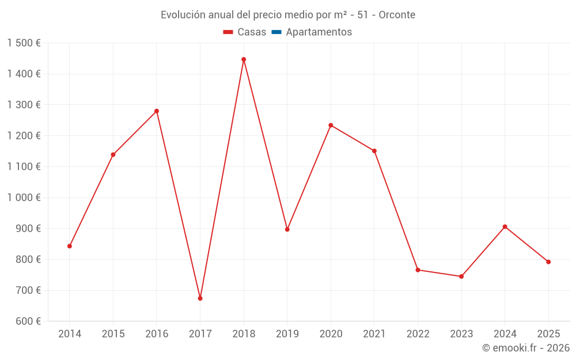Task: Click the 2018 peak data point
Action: click(x=244, y=59)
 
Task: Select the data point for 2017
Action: click(x=200, y=298)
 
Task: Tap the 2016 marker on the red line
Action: click(x=157, y=111)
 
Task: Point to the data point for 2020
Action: click(x=331, y=125)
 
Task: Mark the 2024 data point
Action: click(x=505, y=227)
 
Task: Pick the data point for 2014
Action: click(x=70, y=246)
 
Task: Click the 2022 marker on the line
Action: click(x=418, y=270)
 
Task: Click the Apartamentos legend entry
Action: click(x=319, y=32)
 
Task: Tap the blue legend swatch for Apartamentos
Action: click(x=276, y=32)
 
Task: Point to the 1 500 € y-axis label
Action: click(x=24, y=43)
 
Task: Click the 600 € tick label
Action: click(x=27, y=321)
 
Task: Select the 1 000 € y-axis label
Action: click(x=24, y=198)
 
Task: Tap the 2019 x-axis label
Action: click(x=287, y=334)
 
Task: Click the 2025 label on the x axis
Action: click(x=548, y=334)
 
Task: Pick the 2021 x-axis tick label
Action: click(x=374, y=334)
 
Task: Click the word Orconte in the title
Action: click(x=397, y=15)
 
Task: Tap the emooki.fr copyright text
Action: click(x=526, y=348)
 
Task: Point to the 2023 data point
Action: click(x=461, y=276)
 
